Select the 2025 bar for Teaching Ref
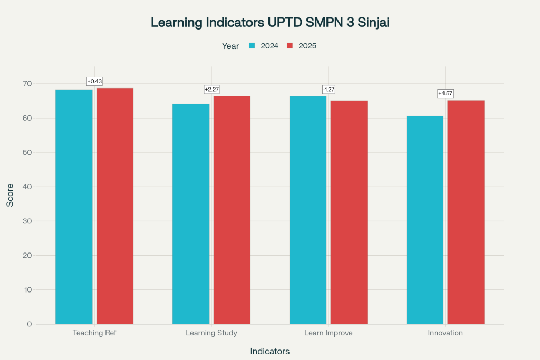tap(115, 206)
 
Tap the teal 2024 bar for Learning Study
tap(191, 213)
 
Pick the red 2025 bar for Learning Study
tap(232, 210)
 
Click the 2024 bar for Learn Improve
tap(308, 210)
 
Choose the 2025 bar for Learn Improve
tap(349, 212)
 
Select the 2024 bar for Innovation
tap(425, 220)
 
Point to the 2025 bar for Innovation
tap(466, 212)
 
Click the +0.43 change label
tap(94, 81)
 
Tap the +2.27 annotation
tap(211, 90)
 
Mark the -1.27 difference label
tap(329, 90)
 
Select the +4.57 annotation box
tap(446, 94)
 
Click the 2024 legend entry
tap(264, 46)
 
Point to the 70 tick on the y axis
tap(27, 84)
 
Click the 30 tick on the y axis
tap(27, 221)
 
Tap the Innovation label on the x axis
tap(446, 333)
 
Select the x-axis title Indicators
tap(270, 351)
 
